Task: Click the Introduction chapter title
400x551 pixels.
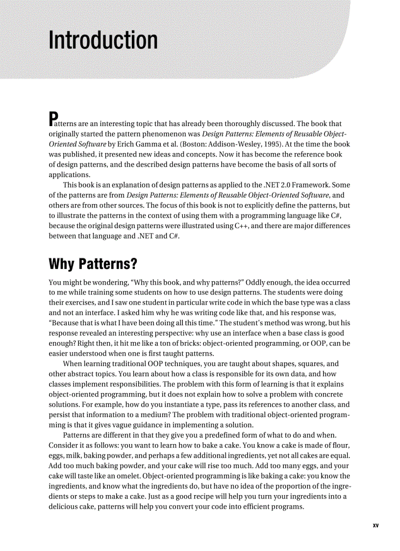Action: coord(103,40)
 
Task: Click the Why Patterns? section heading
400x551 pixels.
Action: coord(93,264)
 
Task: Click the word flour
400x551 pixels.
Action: coord(340,446)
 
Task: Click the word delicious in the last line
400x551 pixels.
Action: coord(64,507)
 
